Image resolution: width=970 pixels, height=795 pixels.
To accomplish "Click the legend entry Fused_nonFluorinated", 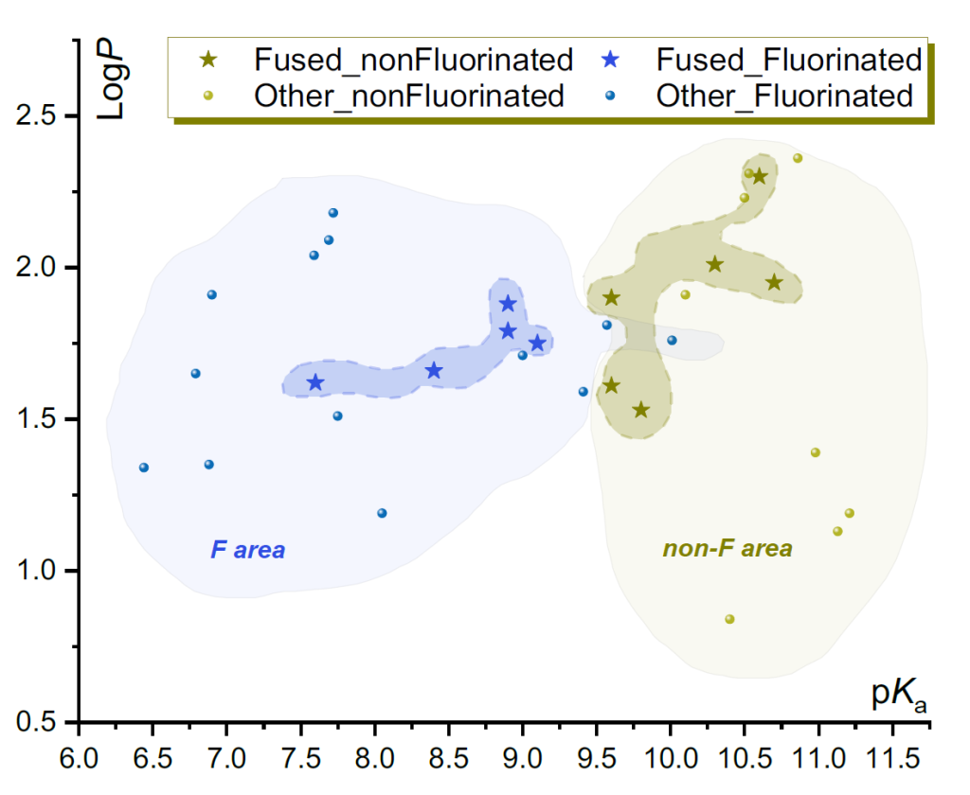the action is pyautogui.click(x=414, y=60).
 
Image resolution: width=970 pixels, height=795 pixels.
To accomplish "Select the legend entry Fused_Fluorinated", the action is pyautogui.click(x=789, y=60).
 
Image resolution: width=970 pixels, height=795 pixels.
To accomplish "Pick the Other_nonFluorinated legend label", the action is pyautogui.click(x=409, y=96).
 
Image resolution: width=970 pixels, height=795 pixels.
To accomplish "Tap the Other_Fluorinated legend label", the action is pyautogui.click(x=784, y=96).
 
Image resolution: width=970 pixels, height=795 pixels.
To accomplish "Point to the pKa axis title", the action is pyautogui.click(x=899, y=695).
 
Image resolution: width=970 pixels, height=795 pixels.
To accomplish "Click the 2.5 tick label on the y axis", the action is pyautogui.click(x=37, y=115).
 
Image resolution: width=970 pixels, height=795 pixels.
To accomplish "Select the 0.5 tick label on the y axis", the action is pyautogui.click(x=37, y=721).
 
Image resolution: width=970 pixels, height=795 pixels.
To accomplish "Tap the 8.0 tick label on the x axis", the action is pyautogui.click(x=375, y=758).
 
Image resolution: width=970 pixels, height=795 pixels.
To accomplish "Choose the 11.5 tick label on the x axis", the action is pyautogui.click(x=892, y=758).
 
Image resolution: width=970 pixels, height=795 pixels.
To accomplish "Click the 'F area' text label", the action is pyautogui.click(x=247, y=550).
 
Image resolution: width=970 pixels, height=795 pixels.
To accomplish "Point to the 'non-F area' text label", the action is pyautogui.click(x=727, y=548).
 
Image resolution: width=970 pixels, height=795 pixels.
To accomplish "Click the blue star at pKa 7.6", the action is pyautogui.click(x=315, y=382).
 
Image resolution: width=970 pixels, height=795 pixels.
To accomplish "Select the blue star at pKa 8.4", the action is pyautogui.click(x=434, y=370).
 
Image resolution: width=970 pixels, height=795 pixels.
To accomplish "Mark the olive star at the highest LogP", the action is pyautogui.click(x=760, y=177).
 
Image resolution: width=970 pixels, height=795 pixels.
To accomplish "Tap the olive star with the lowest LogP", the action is pyautogui.click(x=641, y=410).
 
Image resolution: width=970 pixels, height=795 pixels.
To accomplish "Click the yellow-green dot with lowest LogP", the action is pyautogui.click(x=729, y=619).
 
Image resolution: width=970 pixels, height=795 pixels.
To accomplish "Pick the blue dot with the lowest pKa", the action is pyautogui.click(x=144, y=468).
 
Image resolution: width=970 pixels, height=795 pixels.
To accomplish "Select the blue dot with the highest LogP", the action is pyautogui.click(x=332, y=213).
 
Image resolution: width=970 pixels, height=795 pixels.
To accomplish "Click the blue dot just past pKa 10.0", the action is pyautogui.click(x=672, y=340).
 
